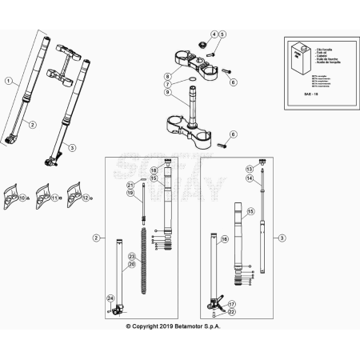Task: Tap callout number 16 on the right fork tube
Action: click(224, 239)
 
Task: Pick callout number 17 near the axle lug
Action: click(232, 304)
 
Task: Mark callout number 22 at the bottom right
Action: click(232, 313)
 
